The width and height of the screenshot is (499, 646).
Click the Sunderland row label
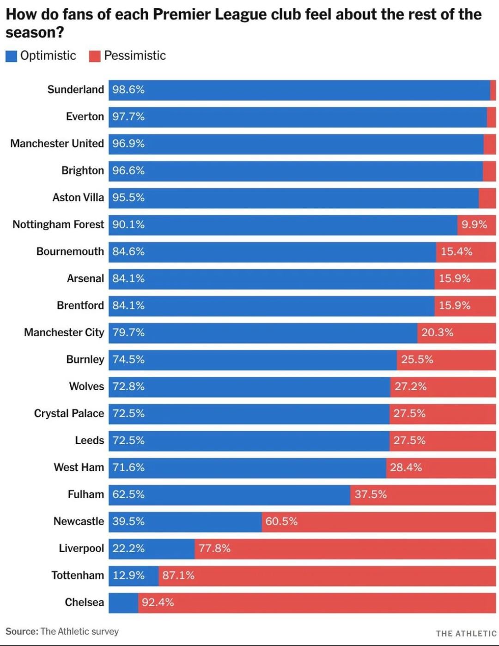(x=75, y=90)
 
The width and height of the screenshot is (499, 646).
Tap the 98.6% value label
(x=128, y=90)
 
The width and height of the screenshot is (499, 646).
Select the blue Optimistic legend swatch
(x=11, y=56)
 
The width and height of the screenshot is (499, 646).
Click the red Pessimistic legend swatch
(x=95, y=56)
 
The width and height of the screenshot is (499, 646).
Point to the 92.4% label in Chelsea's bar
(x=158, y=603)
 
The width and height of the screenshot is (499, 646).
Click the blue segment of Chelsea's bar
(x=123, y=603)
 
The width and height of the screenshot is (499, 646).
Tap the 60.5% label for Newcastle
(x=281, y=522)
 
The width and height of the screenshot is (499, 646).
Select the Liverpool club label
(x=81, y=549)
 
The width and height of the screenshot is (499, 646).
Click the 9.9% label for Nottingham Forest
(x=474, y=225)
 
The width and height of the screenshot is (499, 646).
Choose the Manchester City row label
(x=64, y=332)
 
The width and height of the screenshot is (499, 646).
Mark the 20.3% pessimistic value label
(x=437, y=332)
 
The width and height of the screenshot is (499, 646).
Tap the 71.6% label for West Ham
(x=128, y=468)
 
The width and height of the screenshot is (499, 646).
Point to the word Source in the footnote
(x=21, y=632)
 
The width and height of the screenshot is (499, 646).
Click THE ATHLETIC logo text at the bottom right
(x=466, y=634)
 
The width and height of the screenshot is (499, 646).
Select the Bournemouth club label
(x=70, y=252)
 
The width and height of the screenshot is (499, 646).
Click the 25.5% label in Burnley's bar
(x=417, y=360)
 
